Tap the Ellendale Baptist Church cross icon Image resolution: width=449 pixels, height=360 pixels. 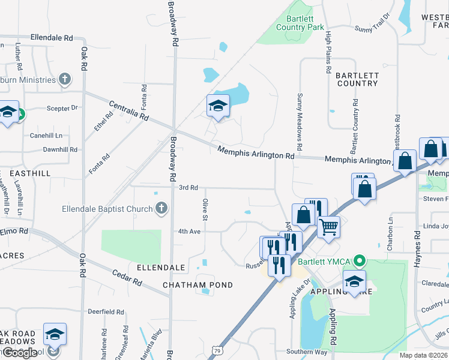(x=160, y=209)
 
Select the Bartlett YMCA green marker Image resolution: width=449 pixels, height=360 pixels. (x=360, y=261)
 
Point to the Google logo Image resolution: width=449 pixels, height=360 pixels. (x=19, y=353)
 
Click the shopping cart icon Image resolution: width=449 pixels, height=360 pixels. (x=328, y=227)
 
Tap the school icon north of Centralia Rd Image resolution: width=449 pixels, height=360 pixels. (x=218, y=106)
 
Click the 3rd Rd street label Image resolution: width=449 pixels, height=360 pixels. (x=188, y=188)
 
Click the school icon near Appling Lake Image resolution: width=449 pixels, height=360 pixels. (x=354, y=280)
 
